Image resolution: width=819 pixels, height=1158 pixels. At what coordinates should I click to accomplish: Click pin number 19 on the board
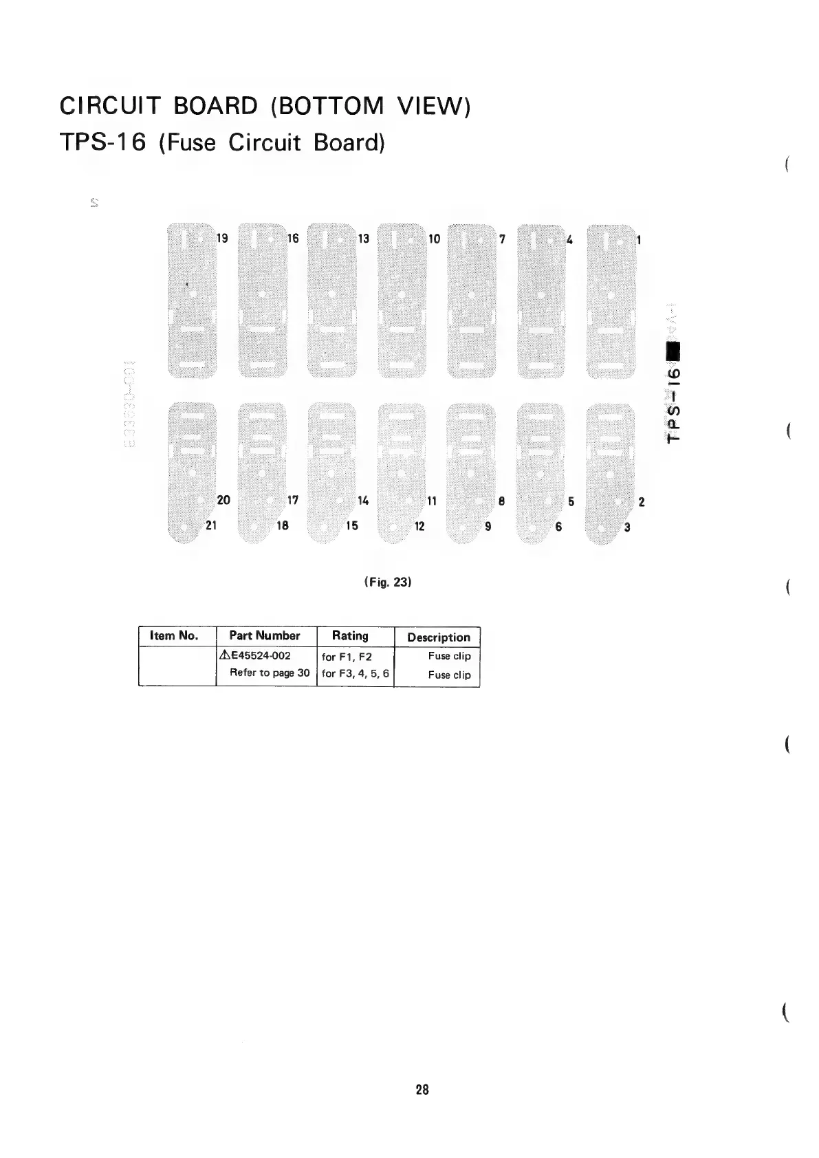(222, 239)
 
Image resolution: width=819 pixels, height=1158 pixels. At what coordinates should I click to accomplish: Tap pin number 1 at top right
(640, 240)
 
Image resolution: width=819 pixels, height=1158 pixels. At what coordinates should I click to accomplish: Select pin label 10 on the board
(434, 239)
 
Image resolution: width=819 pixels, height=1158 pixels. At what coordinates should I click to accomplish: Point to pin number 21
(211, 526)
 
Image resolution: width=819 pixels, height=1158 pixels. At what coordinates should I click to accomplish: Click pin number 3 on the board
(627, 528)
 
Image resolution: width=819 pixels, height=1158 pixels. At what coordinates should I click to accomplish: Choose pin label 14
(363, 501)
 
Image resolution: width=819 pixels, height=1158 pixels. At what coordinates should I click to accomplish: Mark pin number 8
(502, 501)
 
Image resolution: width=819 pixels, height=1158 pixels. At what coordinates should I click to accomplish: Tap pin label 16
(293, 239)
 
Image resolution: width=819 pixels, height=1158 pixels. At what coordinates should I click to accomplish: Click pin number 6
(558, 527)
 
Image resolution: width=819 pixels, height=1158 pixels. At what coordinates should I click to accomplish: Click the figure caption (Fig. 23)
(387, 582)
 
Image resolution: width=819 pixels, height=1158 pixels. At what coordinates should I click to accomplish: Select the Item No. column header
(173, 636)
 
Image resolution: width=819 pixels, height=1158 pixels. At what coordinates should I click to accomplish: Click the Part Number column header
(265, 636)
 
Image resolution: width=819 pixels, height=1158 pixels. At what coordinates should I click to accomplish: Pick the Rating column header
(350, 636)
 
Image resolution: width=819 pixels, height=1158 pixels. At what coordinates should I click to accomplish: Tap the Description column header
(439, 637)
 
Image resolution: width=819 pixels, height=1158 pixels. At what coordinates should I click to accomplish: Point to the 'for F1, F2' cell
(347, 657)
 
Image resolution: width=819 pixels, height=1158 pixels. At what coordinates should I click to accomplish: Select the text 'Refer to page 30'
(270, 673)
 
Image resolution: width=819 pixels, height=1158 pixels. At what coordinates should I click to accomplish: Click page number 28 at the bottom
(422, 1090)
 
